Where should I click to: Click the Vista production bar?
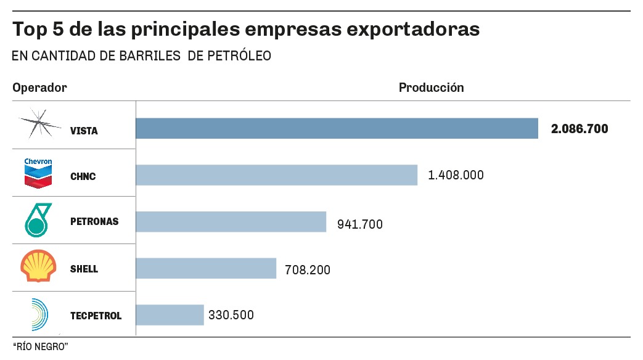pyautogui.click(x=337, y=129)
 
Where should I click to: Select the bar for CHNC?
pyautogui.click(x=276, y=175)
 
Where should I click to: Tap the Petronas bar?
pyautogui.click(x=231, y=222)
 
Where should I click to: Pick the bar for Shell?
pyautogui.click(x=206, y=268)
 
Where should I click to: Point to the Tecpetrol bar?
pyautogui.click(x=170, y=314)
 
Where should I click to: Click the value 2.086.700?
pyautogui.click(x=580, y=129)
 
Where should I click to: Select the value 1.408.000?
pyautogui.click(x=456, y=175)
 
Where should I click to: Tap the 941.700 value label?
pyautogui.click(x=359, y=224)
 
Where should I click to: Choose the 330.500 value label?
pyautogui.click(x=231, y=314)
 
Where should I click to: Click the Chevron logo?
pyautogui.click(x=38, y=173)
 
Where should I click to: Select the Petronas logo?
pyautogui.click(x=38, y=220)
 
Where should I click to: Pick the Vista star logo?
pyautogui.click(x=38, y=125)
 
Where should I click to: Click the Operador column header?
pyautogui.click(x=39, y=88)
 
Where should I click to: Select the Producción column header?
pyautogui.click(x=431, y=88)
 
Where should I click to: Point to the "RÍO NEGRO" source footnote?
pyautogui.click(x=39, y=347)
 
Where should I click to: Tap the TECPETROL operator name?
pyautogui.click(x=96, y=316)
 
